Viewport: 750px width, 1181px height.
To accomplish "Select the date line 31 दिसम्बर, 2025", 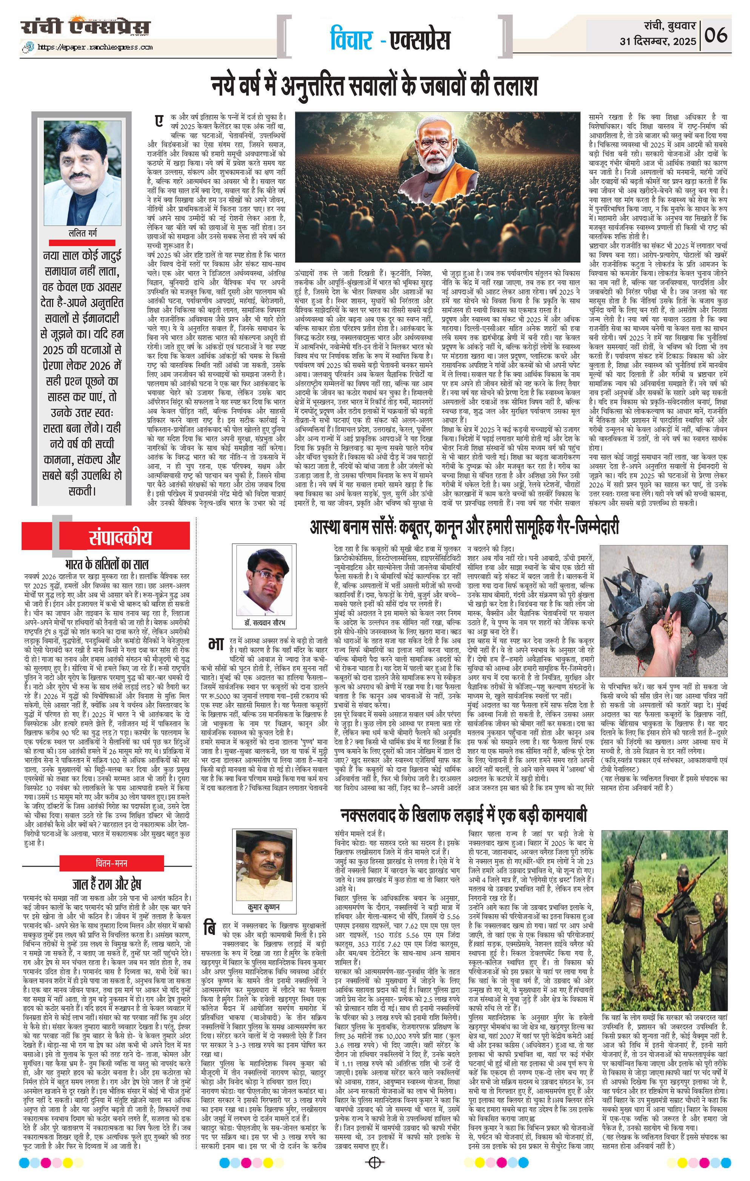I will [657, 41].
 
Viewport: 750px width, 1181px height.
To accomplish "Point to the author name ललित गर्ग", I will [82, 234].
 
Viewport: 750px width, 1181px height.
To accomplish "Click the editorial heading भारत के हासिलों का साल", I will [106, 564].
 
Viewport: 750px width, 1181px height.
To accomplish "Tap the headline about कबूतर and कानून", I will [464, 527].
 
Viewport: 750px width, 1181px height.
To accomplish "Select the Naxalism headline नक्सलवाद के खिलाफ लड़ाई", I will [464, 815].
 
